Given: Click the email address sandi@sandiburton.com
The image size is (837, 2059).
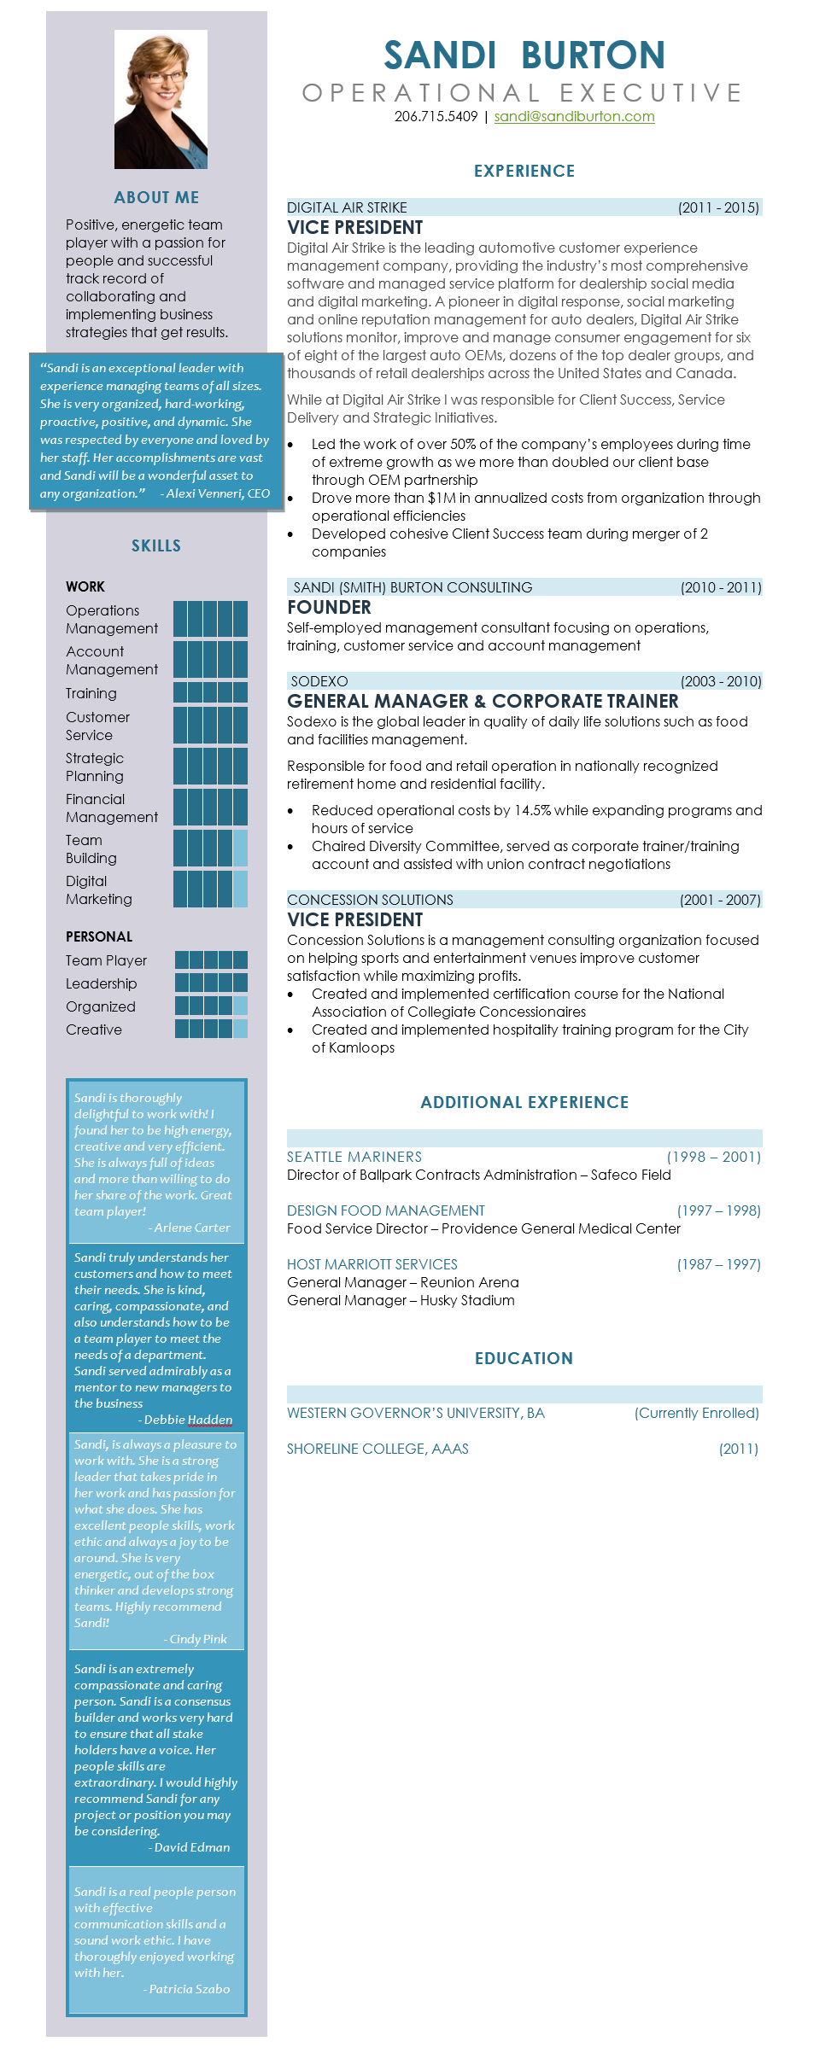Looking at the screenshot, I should pyautogui.click(x=574, y=117).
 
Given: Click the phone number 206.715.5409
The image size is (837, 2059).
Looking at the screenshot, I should pyautogui.click(x=436, y=117).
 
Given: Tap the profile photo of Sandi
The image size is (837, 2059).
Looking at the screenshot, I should pyautogui.click(x=161, y=99).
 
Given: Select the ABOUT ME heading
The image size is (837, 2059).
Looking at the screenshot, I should pyautogui.click(x=156, y=197).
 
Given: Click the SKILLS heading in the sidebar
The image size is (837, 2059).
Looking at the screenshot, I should pyautogui.click(x=156, y=545).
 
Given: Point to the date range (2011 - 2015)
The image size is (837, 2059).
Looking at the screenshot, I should pyautogui.click(x=718, y=207).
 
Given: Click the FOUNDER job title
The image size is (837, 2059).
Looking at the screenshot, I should pyautogui.click(x=329, y=608).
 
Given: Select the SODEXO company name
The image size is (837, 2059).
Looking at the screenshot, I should pyautogui.click(x=319, y=681).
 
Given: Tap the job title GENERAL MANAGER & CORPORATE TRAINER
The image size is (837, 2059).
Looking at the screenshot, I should pyautogui.click(x=483, y=702).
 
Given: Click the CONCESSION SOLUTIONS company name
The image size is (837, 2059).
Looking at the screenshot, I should pyautogui.click(x=370, y=900).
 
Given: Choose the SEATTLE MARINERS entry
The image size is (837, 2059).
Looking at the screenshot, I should pyautogui.click(x=354, y=1157).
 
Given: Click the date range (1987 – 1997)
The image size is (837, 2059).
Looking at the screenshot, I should pyautogui.click(x=718, y=1264).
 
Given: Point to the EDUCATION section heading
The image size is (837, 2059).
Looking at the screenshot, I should pyautogui.click(x=524, y=1358).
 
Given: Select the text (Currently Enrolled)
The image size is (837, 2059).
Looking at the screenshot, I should pyautogui.click(x=696, y=1413).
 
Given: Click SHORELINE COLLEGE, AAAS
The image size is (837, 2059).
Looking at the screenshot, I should pyautogui.click(x=378, y=1449).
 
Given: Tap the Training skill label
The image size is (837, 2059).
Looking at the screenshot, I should pyautogui.click(x=91, y=693).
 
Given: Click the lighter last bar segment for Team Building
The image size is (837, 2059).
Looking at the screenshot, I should pyautogui.click(x=240, y=849).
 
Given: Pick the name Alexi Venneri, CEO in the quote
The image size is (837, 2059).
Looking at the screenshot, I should pyautogui.click(x=218, y=493).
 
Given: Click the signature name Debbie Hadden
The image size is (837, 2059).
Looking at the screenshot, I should pyautogui.click(x=188, y=1420).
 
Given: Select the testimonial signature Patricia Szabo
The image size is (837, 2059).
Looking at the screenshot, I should pyautogui.click(x=190, y=1989).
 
